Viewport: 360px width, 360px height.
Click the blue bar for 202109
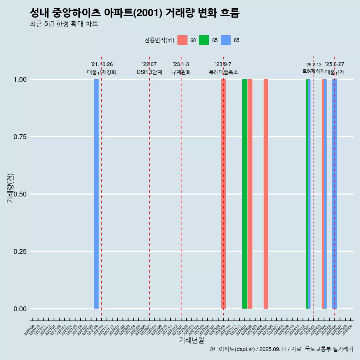[96, 194]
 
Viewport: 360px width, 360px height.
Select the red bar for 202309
[223, 194]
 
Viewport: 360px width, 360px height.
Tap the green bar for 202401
[244, 194]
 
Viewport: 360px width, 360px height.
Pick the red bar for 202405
[266, 194]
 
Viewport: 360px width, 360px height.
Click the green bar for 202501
[307, 194]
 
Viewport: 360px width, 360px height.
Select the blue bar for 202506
[334, 194]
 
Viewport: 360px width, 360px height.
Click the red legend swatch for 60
[182, 40]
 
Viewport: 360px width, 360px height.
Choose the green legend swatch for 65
[204, 40]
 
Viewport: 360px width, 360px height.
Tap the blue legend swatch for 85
[226, 40]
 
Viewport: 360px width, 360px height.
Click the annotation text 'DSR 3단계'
[149, 72]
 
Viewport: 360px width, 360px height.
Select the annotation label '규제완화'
[181, 72]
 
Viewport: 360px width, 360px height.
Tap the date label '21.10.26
[102, 64]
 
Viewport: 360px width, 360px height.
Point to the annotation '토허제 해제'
[313, 71]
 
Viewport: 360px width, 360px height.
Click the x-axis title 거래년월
[191, 340]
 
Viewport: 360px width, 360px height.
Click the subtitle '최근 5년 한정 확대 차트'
[64, 24]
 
